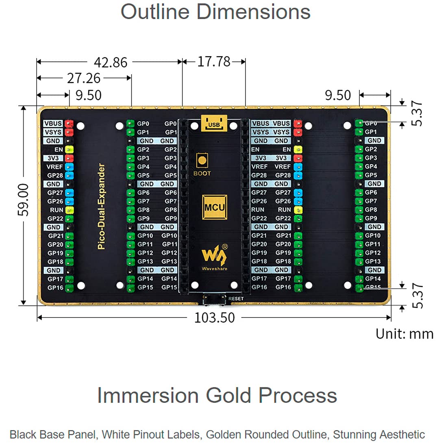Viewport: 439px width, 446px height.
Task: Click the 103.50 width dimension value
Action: click(x=214, y=318)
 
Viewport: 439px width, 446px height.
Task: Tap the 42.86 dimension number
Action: click(x=111, y=63)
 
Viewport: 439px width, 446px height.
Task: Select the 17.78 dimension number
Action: click(x=214, y=62)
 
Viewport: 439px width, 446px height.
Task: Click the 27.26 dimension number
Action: click(x=84, y=78)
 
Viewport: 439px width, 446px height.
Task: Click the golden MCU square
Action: click(x=215, y=207)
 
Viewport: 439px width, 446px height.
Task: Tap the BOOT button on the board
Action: click(x=202, y=161)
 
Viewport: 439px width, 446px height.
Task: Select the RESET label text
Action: click(x=236, y=299)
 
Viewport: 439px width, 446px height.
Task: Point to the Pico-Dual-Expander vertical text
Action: click(x=101, y=206)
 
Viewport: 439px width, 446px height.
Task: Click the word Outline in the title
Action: click(x=155, y=12)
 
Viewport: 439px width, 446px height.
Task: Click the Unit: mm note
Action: click(x=404, y=334)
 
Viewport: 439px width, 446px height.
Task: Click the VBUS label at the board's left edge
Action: click(x=53, y=124)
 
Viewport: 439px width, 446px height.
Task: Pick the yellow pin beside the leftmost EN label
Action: click(x=69, y=149)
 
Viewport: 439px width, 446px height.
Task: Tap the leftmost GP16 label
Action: click(x=55, y=288)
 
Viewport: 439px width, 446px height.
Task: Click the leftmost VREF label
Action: click(x=54, y=167)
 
